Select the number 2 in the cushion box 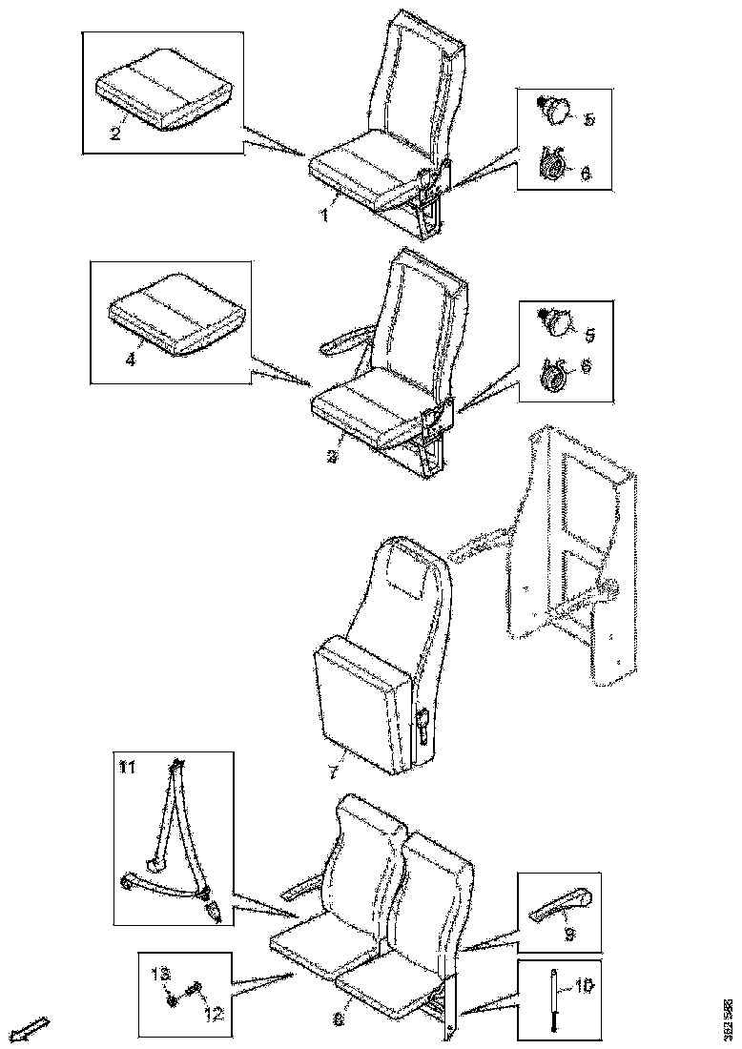point(114,133)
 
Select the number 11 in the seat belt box point(127,765)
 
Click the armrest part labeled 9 point(560,907)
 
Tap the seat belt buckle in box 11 point(214,912)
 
